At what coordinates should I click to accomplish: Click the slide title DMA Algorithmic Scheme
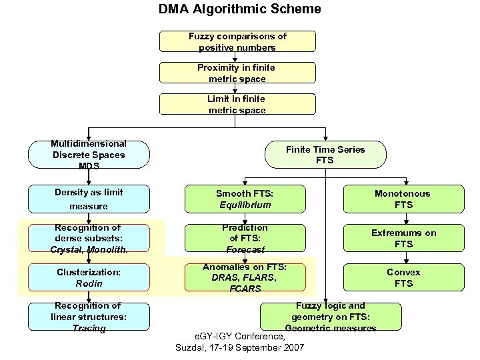pyautogui.click(x=239, y=9)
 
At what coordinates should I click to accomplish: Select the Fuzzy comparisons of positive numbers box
pyautogui.click(x=237, y=41)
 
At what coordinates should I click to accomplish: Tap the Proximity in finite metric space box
pyautogui.click(x=237, y=73)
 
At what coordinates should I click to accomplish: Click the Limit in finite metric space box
pyautogui.click(x=237, y=104)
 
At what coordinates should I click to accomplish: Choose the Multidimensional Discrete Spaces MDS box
pyautogui.click(x=89, y=154)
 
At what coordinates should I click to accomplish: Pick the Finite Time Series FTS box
pyautogui.click(x=325, y=154)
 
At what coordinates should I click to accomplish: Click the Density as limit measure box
pyautogui.click(x=89, y=199)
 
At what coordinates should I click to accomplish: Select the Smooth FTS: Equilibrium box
pyautogui.click(x=245, y=199)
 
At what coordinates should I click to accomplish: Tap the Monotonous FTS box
pyautogui.click(x=403, y=199)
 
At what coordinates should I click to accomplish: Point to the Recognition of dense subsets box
pyautogui.click(x=89, y=238)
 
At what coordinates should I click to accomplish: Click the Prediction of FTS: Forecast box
pyautogui.click(x=245, y=238)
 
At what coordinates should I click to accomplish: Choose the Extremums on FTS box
pyautogui.click(x=403, y=238)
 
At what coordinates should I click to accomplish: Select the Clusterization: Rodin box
pyautogui.click(x=89, y=277)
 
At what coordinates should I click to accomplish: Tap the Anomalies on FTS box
pyautogui.click(x=245, y=277)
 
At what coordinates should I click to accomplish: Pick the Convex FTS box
pyautogui.click(x=403, y=277)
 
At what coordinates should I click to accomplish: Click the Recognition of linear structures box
pyautogui.click(x=89, y=317)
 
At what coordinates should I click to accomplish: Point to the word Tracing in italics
pyautogui.click(x=89, y=328)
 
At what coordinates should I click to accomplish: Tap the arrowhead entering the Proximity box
pyautogui.click(x=235, y=60)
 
